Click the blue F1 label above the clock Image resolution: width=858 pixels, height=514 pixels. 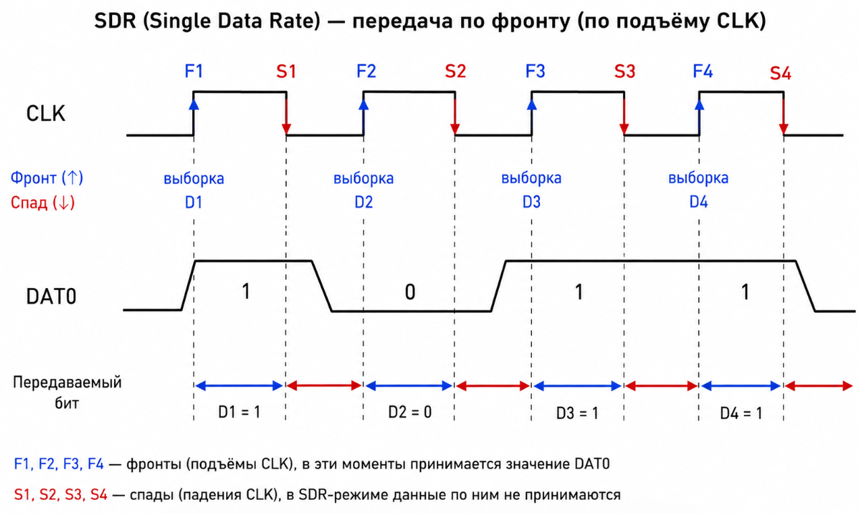(194, 72)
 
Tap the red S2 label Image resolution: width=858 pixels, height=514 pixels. (456, 72)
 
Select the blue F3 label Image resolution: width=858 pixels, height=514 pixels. (535, 72)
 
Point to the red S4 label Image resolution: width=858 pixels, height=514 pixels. (780, 73)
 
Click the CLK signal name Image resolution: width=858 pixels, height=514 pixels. (46, 114)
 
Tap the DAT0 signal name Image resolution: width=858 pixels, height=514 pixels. (51, 296)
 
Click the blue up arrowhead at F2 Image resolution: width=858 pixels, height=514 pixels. (363, 104)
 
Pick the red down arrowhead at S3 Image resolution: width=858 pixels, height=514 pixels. (624, 130)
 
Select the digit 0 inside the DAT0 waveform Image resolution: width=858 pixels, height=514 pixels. (410, 292)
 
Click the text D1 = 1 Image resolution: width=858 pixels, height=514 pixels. (240, 412)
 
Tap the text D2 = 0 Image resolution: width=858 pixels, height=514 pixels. (410, 412)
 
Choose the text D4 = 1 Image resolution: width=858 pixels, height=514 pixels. (741, 413)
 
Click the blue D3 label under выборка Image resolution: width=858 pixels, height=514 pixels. (532, 202)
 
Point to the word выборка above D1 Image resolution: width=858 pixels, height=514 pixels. (194, 179)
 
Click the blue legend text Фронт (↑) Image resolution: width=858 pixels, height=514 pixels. (47, 177)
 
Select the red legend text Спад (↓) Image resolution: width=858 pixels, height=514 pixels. (43, 202)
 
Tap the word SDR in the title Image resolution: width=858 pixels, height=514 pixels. (115, 21)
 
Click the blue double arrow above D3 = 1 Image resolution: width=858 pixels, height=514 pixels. (577, 386)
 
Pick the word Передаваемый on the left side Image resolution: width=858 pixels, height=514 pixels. (67, 382)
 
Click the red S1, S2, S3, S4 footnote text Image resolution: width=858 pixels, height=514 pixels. (61, 495)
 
